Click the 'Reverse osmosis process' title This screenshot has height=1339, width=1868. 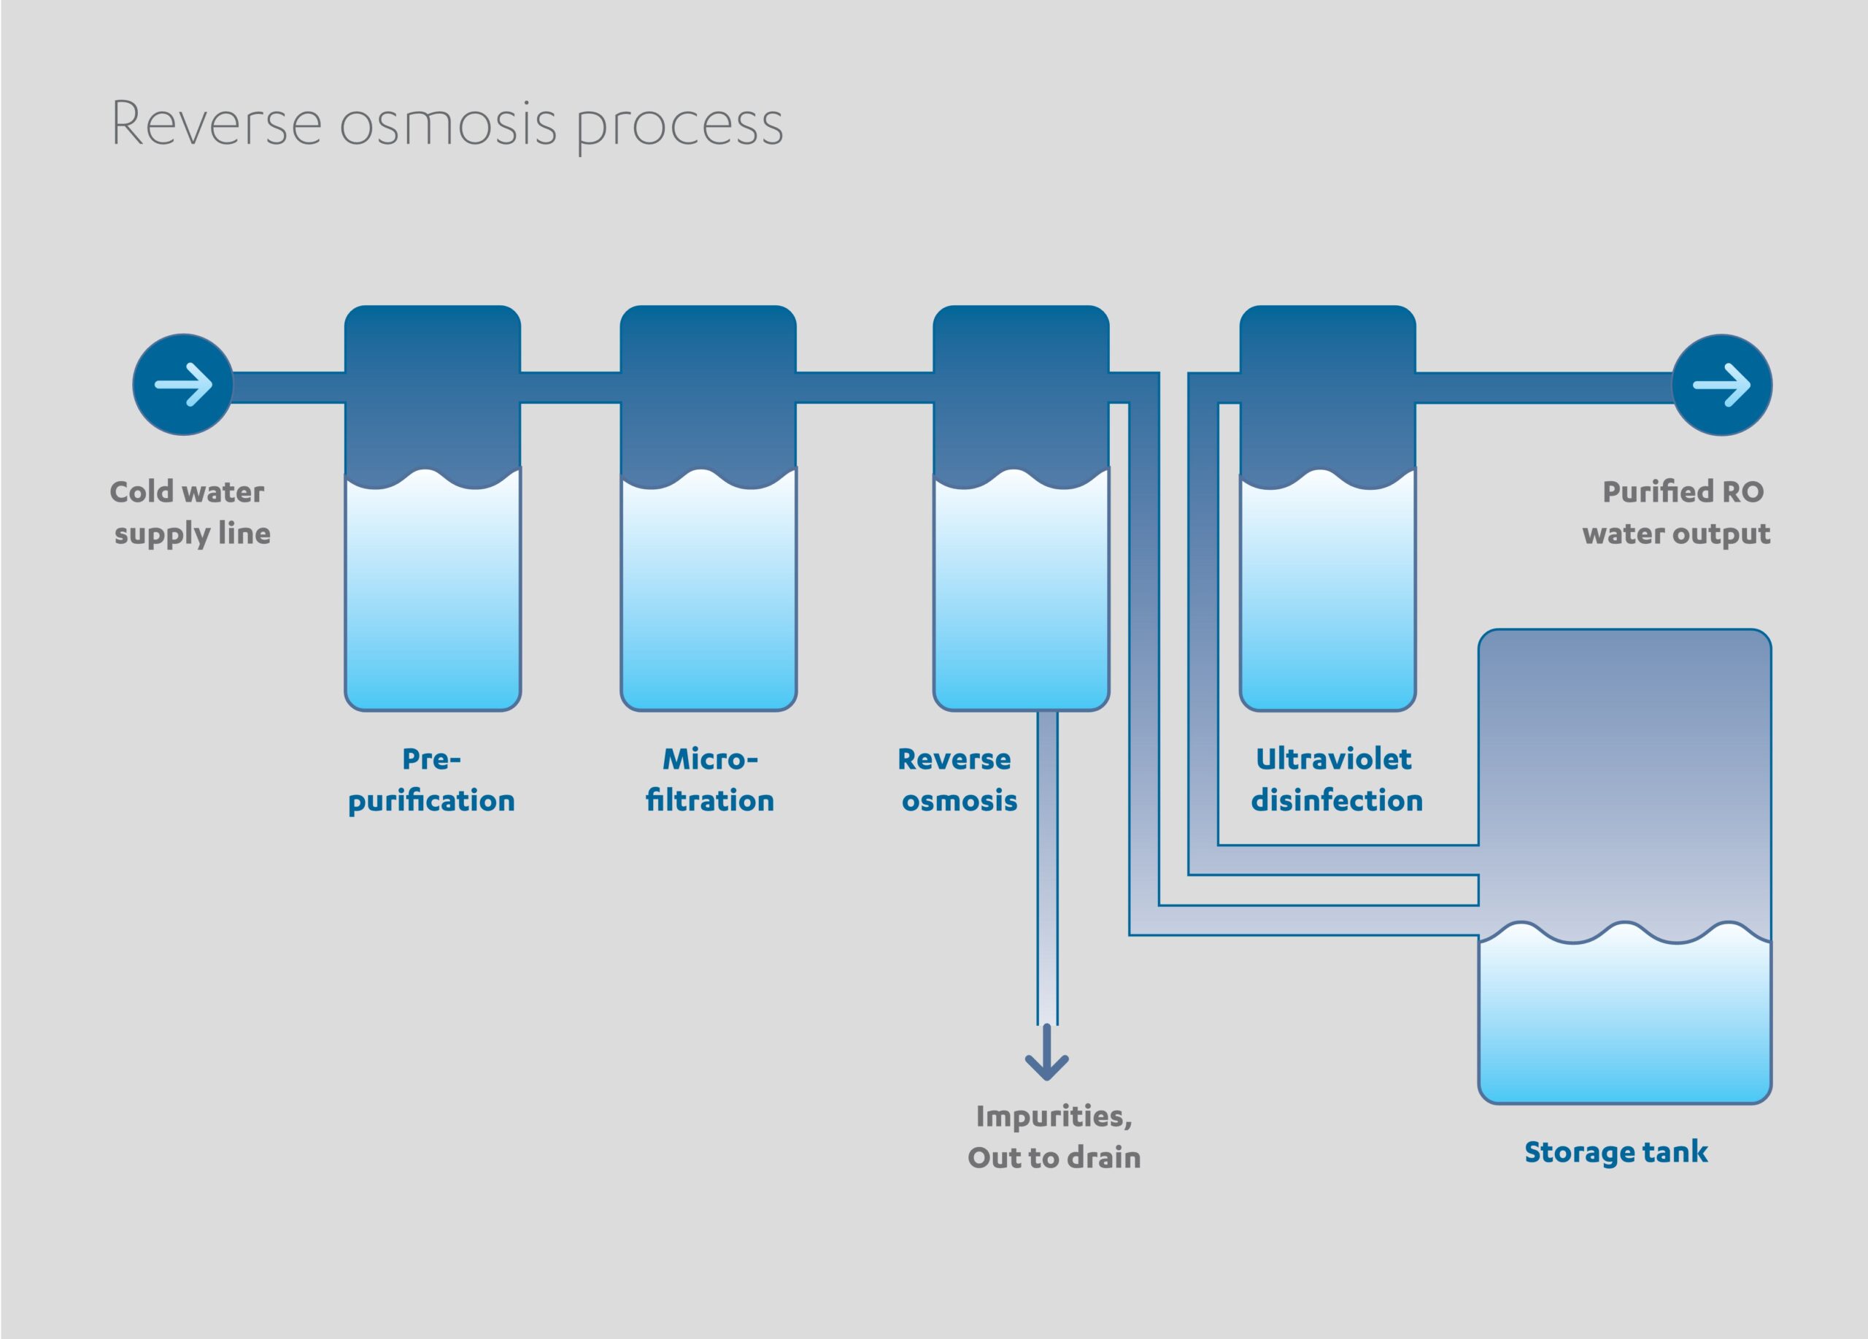point(447,126)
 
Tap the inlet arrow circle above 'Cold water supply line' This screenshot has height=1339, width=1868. point(183,385)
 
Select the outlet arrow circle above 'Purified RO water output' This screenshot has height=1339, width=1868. point(1721,385)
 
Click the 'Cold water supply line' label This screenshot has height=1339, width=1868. point(190,513)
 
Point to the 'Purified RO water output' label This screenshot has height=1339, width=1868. point(1676,513)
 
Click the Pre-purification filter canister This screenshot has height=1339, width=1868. point(433,508)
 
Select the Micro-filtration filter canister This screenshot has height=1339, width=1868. point(709,508)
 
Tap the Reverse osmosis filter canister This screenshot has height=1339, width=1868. point(1022,508)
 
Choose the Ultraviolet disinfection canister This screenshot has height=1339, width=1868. point(1328,508)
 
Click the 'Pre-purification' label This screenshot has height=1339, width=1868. point(431,780)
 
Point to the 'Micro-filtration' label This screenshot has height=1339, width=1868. point(710,780)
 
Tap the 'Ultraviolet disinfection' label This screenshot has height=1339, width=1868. point(1337,780)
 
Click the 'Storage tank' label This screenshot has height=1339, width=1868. point(1616,1152)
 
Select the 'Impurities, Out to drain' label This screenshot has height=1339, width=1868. point(1054,1137)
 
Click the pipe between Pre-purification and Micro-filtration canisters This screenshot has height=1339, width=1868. point(570,387)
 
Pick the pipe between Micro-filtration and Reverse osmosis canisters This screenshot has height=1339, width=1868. point(865,387)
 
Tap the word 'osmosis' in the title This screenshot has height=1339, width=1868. point(448,126)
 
